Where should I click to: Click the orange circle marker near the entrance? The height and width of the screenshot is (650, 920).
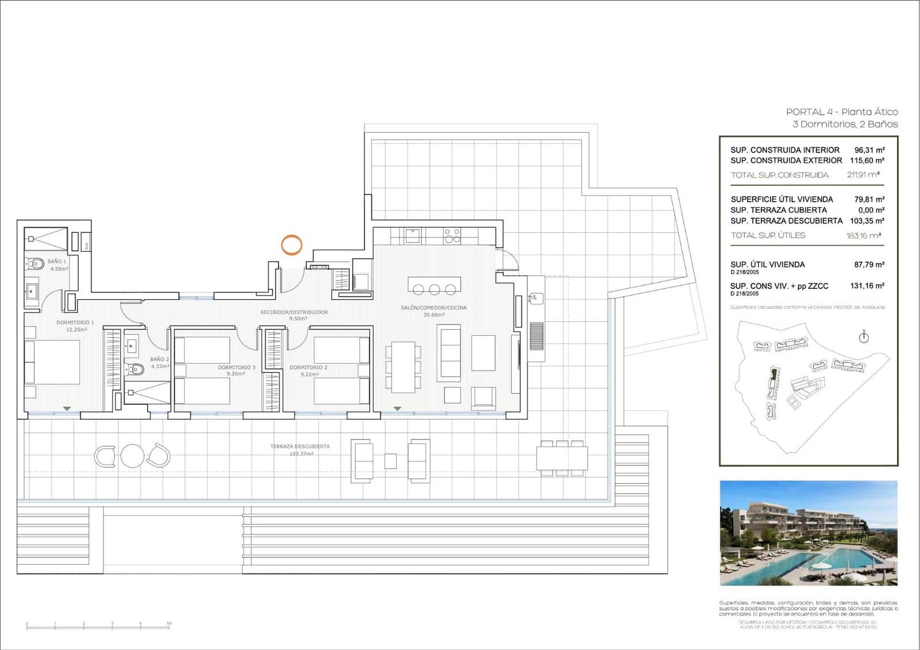pos(292,245)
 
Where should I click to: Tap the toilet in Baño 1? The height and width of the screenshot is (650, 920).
pos(36,264)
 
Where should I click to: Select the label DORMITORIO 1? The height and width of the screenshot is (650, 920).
pos(75,323)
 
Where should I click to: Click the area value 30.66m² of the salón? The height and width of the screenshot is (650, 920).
pos(434,315)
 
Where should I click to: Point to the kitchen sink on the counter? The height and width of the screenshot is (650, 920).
pos(412,235)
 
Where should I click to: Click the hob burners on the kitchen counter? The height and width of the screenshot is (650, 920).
pos(452,235)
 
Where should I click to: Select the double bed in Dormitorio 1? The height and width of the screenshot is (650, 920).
pos(52,362)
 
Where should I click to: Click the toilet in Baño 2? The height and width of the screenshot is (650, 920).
pos(135,369)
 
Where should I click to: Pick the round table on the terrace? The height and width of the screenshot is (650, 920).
pos(132,456)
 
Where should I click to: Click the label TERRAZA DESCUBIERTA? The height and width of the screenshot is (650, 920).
pos(300,446)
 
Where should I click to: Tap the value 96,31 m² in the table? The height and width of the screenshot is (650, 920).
pos(869,150)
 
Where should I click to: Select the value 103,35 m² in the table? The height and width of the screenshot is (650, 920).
pos(867,221)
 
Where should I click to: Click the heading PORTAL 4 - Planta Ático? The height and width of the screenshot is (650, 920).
pos(842,112)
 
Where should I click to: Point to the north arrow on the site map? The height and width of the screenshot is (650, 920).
pos(864,337)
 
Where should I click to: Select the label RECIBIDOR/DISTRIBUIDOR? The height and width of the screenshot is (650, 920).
pos(294,312)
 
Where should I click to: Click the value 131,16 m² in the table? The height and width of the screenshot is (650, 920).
pos(867,286)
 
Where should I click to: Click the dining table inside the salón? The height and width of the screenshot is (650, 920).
pos(403,367)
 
